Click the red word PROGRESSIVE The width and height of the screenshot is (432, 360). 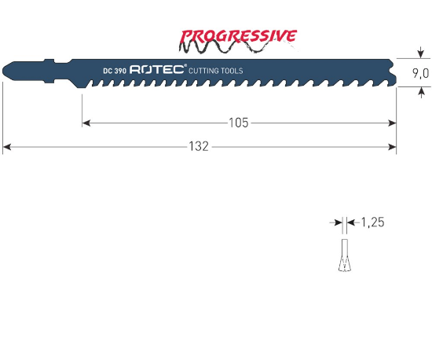(239, 36)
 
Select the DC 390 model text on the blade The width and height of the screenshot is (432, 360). (114, 71)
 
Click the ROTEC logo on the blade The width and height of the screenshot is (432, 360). (156, 70)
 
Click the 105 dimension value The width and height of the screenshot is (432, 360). (239, 123)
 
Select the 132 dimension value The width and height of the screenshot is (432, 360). (200, 146)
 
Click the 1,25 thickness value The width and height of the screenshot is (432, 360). (372, 223)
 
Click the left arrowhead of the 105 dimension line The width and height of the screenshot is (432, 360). (86, 123)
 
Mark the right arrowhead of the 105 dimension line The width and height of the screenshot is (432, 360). (392, 123)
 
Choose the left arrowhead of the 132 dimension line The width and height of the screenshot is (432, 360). (7, 146)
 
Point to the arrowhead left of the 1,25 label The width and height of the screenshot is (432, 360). (339, 223)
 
